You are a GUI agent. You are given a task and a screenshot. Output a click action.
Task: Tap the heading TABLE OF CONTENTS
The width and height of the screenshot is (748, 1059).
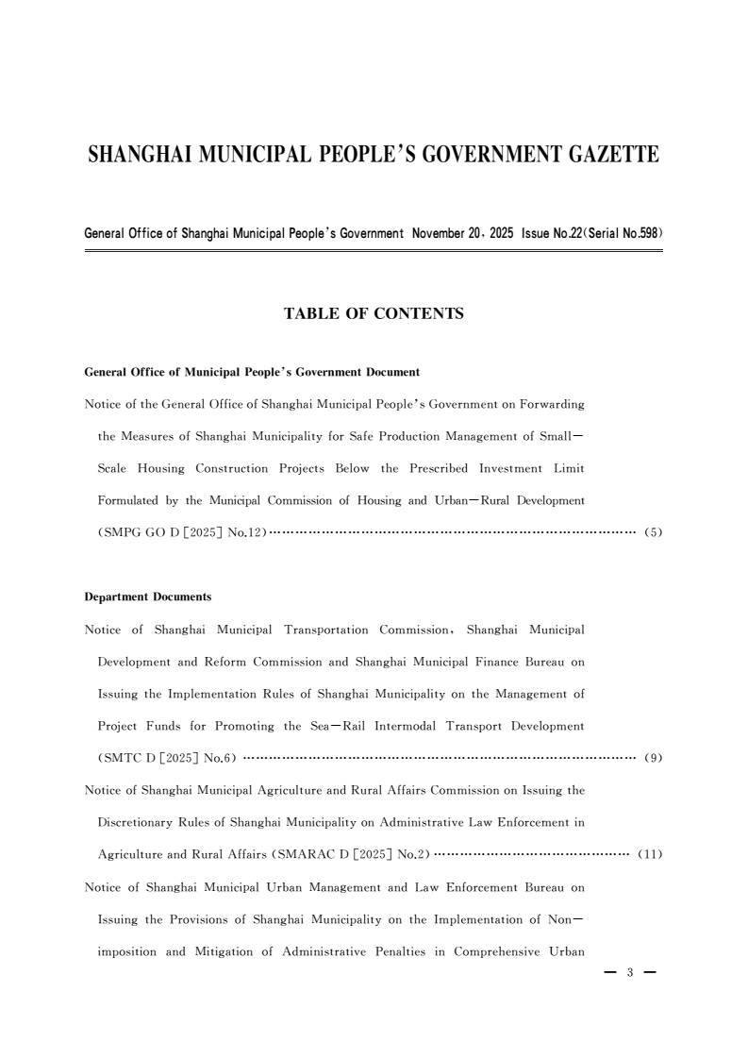point(374,313)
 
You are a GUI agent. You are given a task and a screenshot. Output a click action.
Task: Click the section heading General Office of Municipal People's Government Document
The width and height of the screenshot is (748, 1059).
point(245,373)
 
